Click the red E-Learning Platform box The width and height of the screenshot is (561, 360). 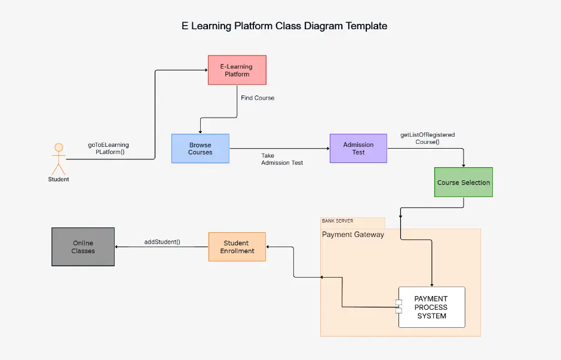[x=237, y=70]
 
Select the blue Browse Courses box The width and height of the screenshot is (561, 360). [x=200, y=149]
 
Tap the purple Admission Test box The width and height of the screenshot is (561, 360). [x=358, y=148]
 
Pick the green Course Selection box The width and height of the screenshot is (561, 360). [x=463, y=183]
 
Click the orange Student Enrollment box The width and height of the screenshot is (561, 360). [x=237, y=247]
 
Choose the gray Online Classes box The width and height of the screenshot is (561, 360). [x=83, y=247]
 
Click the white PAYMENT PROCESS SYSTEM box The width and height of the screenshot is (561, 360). [x=431, y=307]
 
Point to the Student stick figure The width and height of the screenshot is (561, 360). [x=59, y=158]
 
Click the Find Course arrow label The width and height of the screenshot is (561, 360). [x=257, y=98]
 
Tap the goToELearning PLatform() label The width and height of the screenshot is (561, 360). [x=109, y=148]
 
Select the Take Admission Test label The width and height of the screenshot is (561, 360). [x=281, y=159]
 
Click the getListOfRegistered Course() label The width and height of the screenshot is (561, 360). [x=427, y=139]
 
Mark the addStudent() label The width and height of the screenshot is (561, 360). [x=162, y=242]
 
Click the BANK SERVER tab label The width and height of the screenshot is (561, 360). [x=338, y=221]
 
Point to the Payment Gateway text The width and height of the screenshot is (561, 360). [x=352, y=235]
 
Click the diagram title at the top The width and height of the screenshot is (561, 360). [x=284, y=26]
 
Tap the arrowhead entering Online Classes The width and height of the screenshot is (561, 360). [x=117, y=247]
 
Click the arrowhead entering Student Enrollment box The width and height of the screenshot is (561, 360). [x=269, y=247]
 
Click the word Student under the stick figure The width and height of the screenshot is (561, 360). [x=59, y=179]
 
